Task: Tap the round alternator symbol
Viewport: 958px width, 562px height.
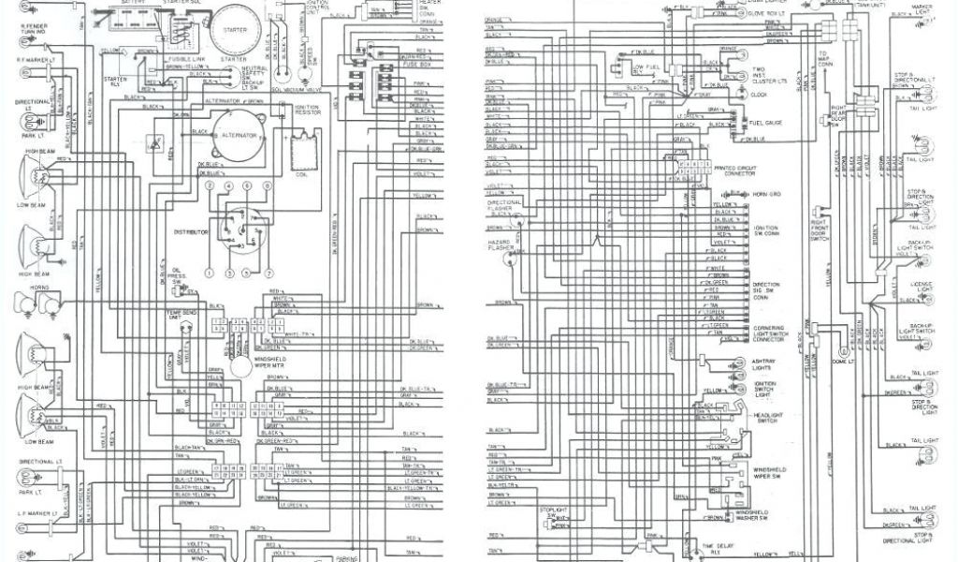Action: pyautogui.click(x=239, y=136)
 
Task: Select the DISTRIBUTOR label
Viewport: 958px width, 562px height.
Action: pyautogui.click(x=190, y=229)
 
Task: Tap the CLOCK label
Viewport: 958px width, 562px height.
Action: pyautogui.click(x=760, y=95)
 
